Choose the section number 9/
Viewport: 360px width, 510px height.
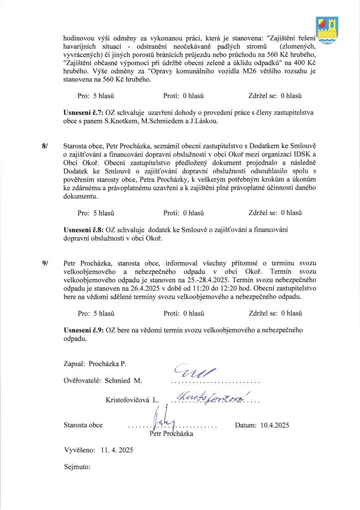point(46,262)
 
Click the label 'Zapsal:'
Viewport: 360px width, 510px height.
point(75,365)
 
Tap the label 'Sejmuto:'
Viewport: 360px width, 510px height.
point(77,467)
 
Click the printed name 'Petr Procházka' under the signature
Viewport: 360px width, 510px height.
point(171,434)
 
